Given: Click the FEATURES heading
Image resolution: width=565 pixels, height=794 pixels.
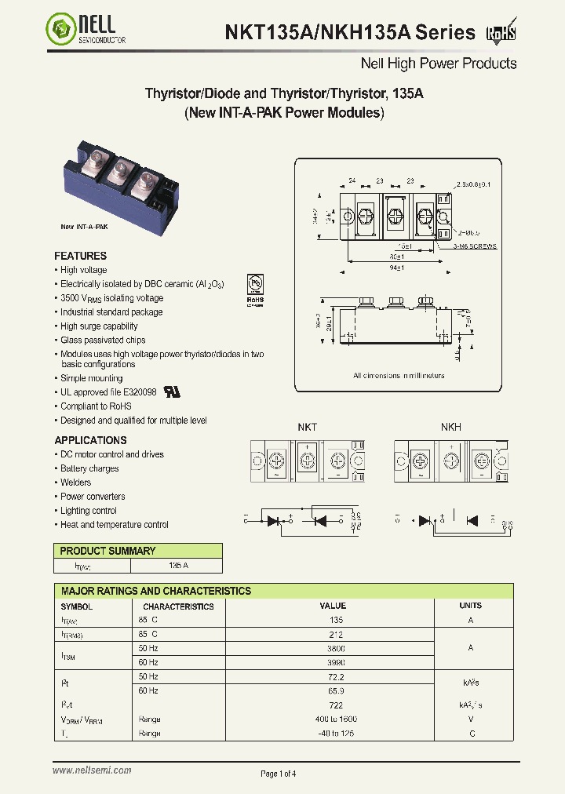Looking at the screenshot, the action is [x=80, y=256].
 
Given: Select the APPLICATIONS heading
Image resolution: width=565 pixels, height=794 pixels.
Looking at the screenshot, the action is [x=90, y=440].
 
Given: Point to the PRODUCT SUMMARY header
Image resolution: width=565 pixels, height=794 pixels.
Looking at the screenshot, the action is [x=108, y=551].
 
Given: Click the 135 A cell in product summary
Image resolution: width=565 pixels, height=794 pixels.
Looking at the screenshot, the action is [x=178, y=566].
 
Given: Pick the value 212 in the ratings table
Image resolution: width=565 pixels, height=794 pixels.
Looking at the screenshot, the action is [x=333, y=635].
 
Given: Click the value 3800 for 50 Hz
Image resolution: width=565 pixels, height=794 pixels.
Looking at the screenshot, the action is [x=333, y=649].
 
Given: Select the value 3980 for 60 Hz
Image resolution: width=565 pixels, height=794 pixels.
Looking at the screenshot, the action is [x=333, y=663].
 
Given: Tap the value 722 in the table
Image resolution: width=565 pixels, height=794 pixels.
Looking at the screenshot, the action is [x=333, y=705].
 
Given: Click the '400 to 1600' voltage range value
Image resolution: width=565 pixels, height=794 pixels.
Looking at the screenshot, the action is [x=333, y=719].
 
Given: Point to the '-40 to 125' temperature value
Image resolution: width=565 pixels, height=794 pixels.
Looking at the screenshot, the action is [x=333, y=734].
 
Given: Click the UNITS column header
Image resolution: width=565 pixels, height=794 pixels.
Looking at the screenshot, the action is [x=471, y=606].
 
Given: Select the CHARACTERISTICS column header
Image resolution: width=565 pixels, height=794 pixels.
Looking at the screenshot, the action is [x=178, y=606].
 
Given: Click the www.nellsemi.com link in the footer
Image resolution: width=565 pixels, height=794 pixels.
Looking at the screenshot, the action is [x=92, y=771].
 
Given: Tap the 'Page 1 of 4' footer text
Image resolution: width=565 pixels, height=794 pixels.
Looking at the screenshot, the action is [x=279, y=774].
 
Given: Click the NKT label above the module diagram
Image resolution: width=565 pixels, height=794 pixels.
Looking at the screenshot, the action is [x=307, y=427].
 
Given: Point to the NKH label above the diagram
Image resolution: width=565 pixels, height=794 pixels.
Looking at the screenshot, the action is [x=450, y=427].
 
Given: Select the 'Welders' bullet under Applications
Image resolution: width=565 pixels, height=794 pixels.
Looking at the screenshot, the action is [x=76, y=483].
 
